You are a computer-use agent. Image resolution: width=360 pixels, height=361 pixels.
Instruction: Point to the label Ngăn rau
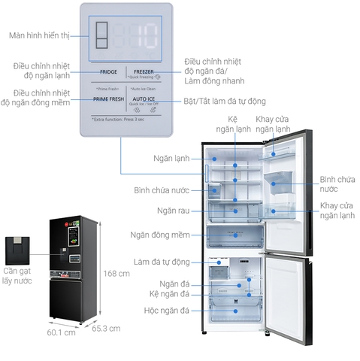[172, 211]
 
